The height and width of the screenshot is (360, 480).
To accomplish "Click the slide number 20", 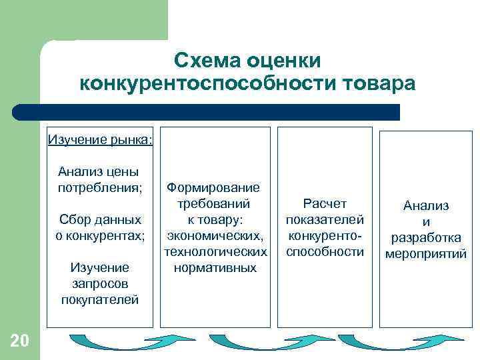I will point(19,342).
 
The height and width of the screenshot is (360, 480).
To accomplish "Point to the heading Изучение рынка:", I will point(100,140).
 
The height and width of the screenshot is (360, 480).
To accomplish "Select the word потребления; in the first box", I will point(100,187).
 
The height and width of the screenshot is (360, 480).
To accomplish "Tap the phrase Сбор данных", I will point(100,219).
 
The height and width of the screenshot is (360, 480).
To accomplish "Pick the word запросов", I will point(100,283).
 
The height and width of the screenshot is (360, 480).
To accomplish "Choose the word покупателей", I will point(100,299).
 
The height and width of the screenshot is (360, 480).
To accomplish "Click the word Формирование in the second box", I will point(213,188).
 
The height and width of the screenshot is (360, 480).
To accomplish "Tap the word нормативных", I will point(215,268).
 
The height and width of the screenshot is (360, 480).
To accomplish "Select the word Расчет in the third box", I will point(325,203).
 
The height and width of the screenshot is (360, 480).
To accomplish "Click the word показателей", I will point(325,219).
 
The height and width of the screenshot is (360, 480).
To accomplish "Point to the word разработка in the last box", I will point(426,238).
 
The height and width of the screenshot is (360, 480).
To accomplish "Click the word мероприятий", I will point(426,254).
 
